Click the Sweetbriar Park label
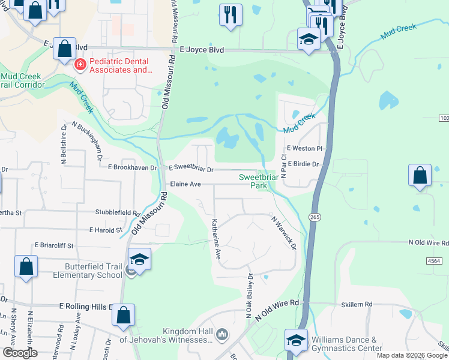click(259, 181)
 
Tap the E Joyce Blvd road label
click(200, 51)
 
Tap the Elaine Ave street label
click(185, 184)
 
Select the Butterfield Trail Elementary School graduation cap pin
click(139, 260)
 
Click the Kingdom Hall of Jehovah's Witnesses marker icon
click(221, 334)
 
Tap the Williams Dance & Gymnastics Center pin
click(297, 341)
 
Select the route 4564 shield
click(435, 261)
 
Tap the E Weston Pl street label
click(305, 148)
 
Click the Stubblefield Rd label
click(118, 212)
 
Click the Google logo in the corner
click(20, 353)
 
